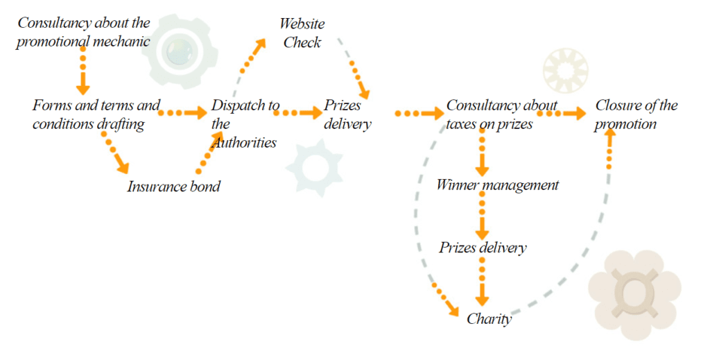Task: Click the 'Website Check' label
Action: point(302,33)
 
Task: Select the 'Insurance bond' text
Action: point(173,186)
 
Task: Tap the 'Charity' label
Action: point(489,318)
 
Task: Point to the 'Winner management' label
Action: point(497,185)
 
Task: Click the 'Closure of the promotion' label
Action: point(636,114)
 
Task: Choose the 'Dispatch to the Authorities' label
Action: point(245,123)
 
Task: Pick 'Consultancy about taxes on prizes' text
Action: point(501,114)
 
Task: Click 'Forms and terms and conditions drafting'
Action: point(96,114)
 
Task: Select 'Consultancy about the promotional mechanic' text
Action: point(84,32)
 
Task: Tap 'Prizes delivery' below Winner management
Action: point(483,248)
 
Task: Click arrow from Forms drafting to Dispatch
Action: point(183,112)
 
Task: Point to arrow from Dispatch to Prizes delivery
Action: point(300,112)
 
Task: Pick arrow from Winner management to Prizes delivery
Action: point(483,216)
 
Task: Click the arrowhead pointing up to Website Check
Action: point(261,43)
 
